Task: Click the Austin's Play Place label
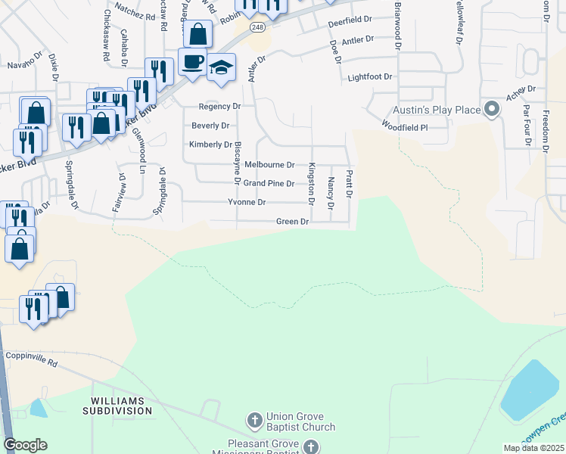tap(437, 110)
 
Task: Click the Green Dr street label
tap(293, 222)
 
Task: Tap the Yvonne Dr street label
tap(247, 202)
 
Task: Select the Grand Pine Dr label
tap(268, 183)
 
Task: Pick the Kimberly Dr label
tap(210, 145)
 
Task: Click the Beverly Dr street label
tap(210, 126)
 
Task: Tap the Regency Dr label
tap(219, 107)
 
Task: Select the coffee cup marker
tap(192, 61)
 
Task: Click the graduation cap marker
tap(221, 68)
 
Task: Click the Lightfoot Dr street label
tap(369, 77)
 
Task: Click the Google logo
tap(25, 445)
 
